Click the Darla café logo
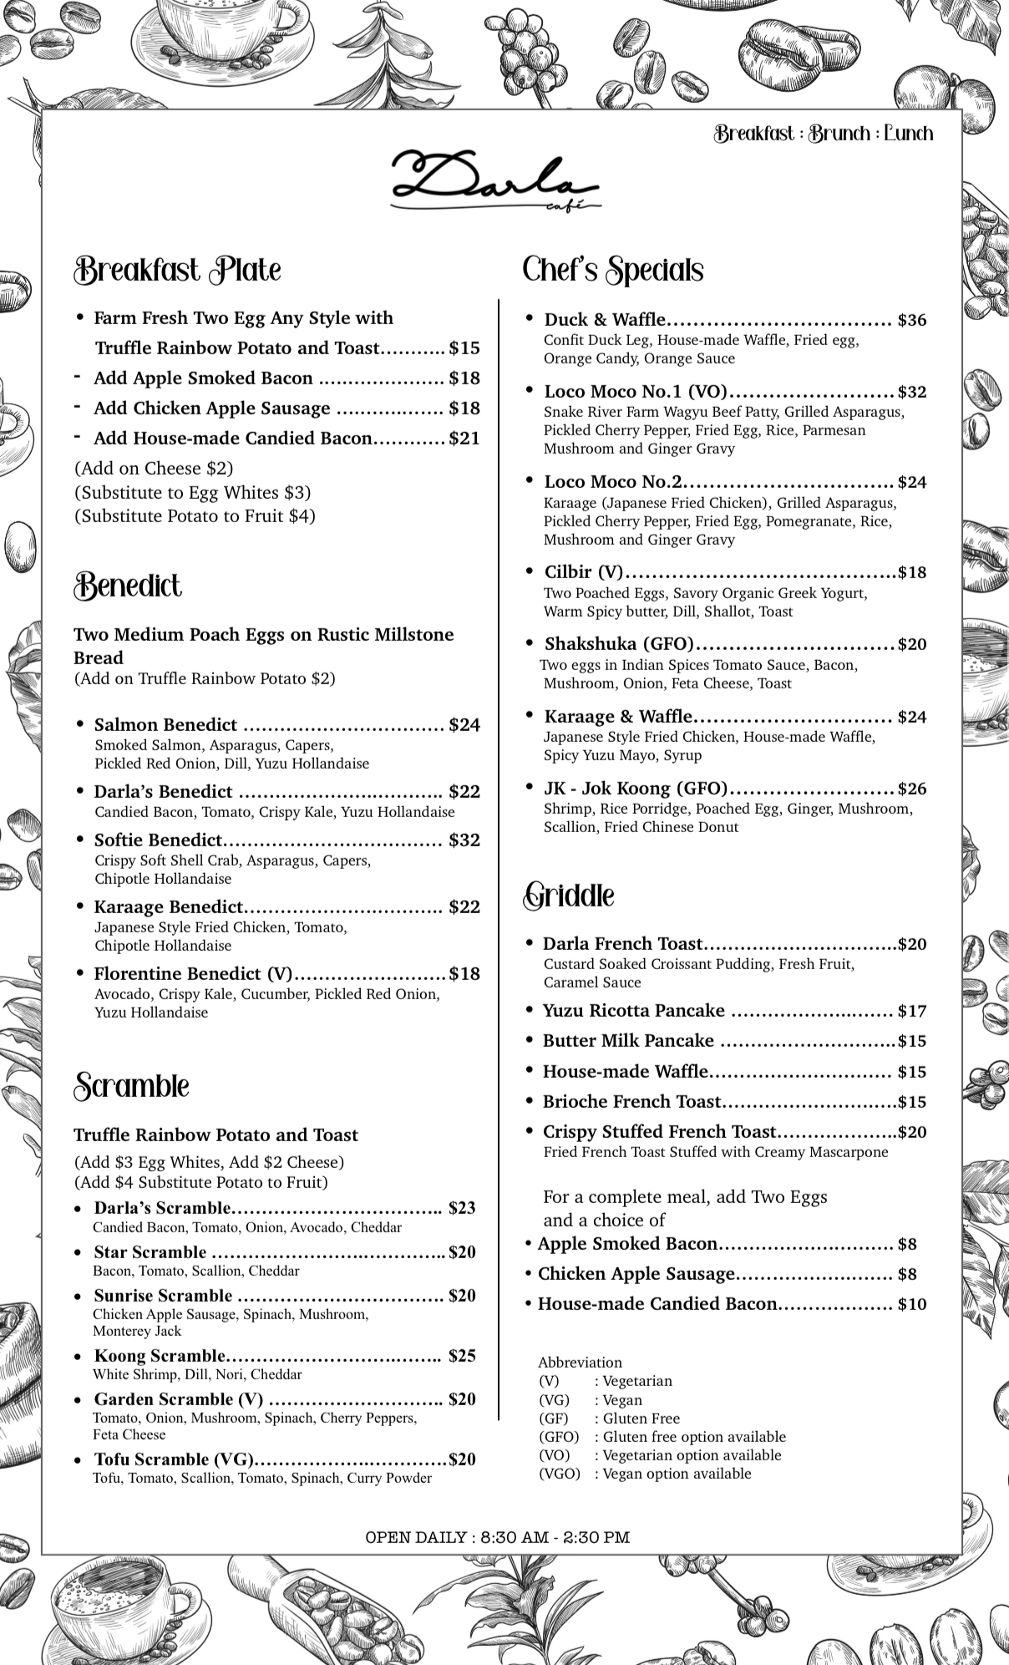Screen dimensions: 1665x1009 click(x=495, y=180)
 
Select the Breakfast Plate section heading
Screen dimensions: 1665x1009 click(x=177, y=270)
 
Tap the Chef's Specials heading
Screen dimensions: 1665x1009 click(x=613, y=270)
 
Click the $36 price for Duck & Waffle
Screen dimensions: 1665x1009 click(x=911, y=320)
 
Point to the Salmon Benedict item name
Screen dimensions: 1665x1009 click(x=165, y=724)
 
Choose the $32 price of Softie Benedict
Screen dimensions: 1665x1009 click(x=464, y=840)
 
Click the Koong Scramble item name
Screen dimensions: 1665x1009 click(x=160, y=1355)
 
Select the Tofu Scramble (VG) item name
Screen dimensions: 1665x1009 click(x=173, y=1459)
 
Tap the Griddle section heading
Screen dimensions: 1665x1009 click(x=569, y=896)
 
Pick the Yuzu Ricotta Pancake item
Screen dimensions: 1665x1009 click(x=633, y=1011)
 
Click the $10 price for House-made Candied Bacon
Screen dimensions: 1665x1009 click(x=911, y=1304)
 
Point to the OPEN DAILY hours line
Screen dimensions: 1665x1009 click(x=498, y=1536)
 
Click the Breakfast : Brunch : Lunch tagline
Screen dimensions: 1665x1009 click(x=823, y=134)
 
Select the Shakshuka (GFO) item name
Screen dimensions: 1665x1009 click(x=619, y=643)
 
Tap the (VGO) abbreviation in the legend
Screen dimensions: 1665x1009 click(x=559, y=1473)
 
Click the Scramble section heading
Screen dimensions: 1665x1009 click(x=132, y=1086)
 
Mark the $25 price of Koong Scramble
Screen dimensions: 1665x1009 click(x=462, y=1355)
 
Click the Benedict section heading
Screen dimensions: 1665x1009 click(x=128, y=586)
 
